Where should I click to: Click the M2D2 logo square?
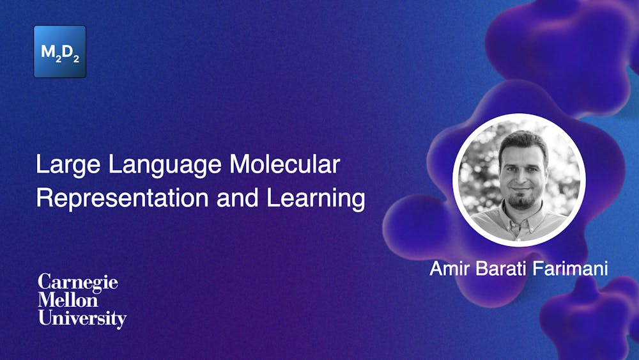(59, 52)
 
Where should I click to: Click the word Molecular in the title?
(284, 166)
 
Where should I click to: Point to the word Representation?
(122, 198)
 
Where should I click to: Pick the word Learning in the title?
(316, 199)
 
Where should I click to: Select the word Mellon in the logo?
(68, 301)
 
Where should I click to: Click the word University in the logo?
(82, 318)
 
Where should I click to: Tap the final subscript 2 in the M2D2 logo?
(77, 58)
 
